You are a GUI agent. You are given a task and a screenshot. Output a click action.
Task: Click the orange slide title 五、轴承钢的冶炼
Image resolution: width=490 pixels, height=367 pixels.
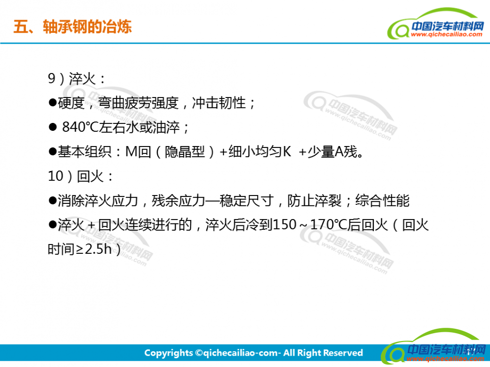coord(73,26)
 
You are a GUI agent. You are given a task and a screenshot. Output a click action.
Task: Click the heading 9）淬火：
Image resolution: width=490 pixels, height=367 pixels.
coord(77,78)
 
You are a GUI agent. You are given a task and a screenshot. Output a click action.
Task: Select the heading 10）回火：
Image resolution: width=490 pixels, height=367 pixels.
coord(80,176)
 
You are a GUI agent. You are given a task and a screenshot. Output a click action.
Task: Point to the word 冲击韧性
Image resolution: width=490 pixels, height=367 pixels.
coord(219,103)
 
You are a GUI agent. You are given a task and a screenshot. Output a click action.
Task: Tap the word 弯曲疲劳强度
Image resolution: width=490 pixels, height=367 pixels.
coord(139,103)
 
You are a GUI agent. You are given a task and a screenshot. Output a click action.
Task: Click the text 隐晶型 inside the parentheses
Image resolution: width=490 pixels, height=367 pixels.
coord(185,152)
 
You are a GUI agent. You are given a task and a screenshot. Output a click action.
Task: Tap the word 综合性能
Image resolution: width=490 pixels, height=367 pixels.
coord(382,201)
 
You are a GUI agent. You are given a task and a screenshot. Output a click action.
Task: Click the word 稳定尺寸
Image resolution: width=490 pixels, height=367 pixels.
coord(246,201)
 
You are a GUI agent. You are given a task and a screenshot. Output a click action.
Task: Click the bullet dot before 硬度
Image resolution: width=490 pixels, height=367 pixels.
coord(52,102)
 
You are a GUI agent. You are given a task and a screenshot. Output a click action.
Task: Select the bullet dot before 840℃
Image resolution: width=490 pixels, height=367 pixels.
coord(52,127)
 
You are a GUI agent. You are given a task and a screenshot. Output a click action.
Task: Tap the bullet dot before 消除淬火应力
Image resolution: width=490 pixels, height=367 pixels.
coord(52,200)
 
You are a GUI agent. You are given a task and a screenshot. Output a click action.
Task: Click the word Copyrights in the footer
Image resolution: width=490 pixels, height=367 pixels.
coord(169,353)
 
